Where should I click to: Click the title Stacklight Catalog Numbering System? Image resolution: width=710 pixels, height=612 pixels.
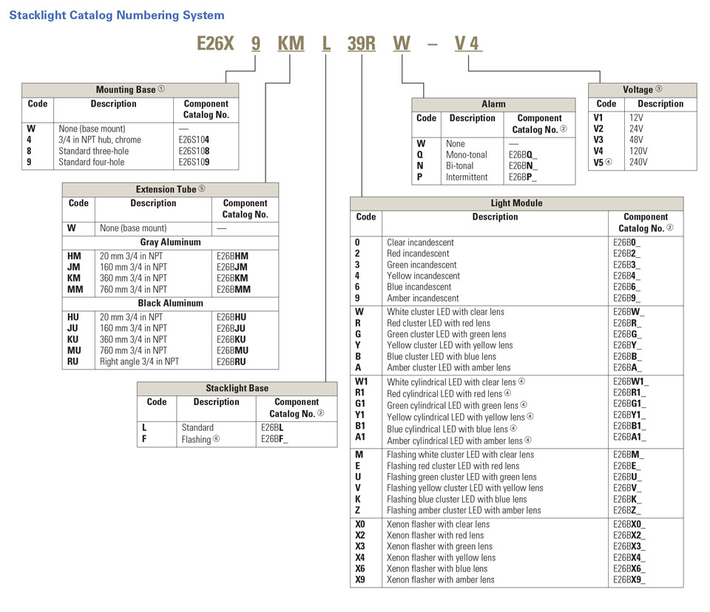[x=117, y=15]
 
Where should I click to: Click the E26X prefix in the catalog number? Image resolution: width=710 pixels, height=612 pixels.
[x=215, y=44]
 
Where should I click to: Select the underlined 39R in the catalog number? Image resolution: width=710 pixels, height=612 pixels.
[x=362, y=44]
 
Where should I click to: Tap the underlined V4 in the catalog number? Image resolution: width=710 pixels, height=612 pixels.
[x=467, y=44]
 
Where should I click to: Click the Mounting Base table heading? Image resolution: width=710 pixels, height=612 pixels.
[x=130, y=89]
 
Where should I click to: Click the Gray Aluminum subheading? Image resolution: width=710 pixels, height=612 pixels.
[x=170, y=242]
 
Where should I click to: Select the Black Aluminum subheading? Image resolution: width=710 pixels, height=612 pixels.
[x=170, y=303]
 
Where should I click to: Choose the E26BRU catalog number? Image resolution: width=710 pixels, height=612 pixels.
[x=232, y=361]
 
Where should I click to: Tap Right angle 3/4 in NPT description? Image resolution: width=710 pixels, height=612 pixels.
[x=139, y=361]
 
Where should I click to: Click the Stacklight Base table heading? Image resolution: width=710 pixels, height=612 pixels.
[x=237, y=388]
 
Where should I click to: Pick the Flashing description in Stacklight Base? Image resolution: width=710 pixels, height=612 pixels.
[x=200, y=440]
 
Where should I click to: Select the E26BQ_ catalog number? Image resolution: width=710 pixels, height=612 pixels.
[x=523, y=155]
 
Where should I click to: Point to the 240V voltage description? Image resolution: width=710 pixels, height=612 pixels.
[x=638, y=162]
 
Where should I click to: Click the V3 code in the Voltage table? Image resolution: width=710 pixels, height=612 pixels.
[x=598, y=140]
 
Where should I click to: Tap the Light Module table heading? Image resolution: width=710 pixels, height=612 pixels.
[x=516, y=203]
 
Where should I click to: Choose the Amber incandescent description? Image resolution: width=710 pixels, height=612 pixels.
[x=422, y=298]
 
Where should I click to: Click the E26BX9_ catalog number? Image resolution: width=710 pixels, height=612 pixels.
[x=629, y=579]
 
